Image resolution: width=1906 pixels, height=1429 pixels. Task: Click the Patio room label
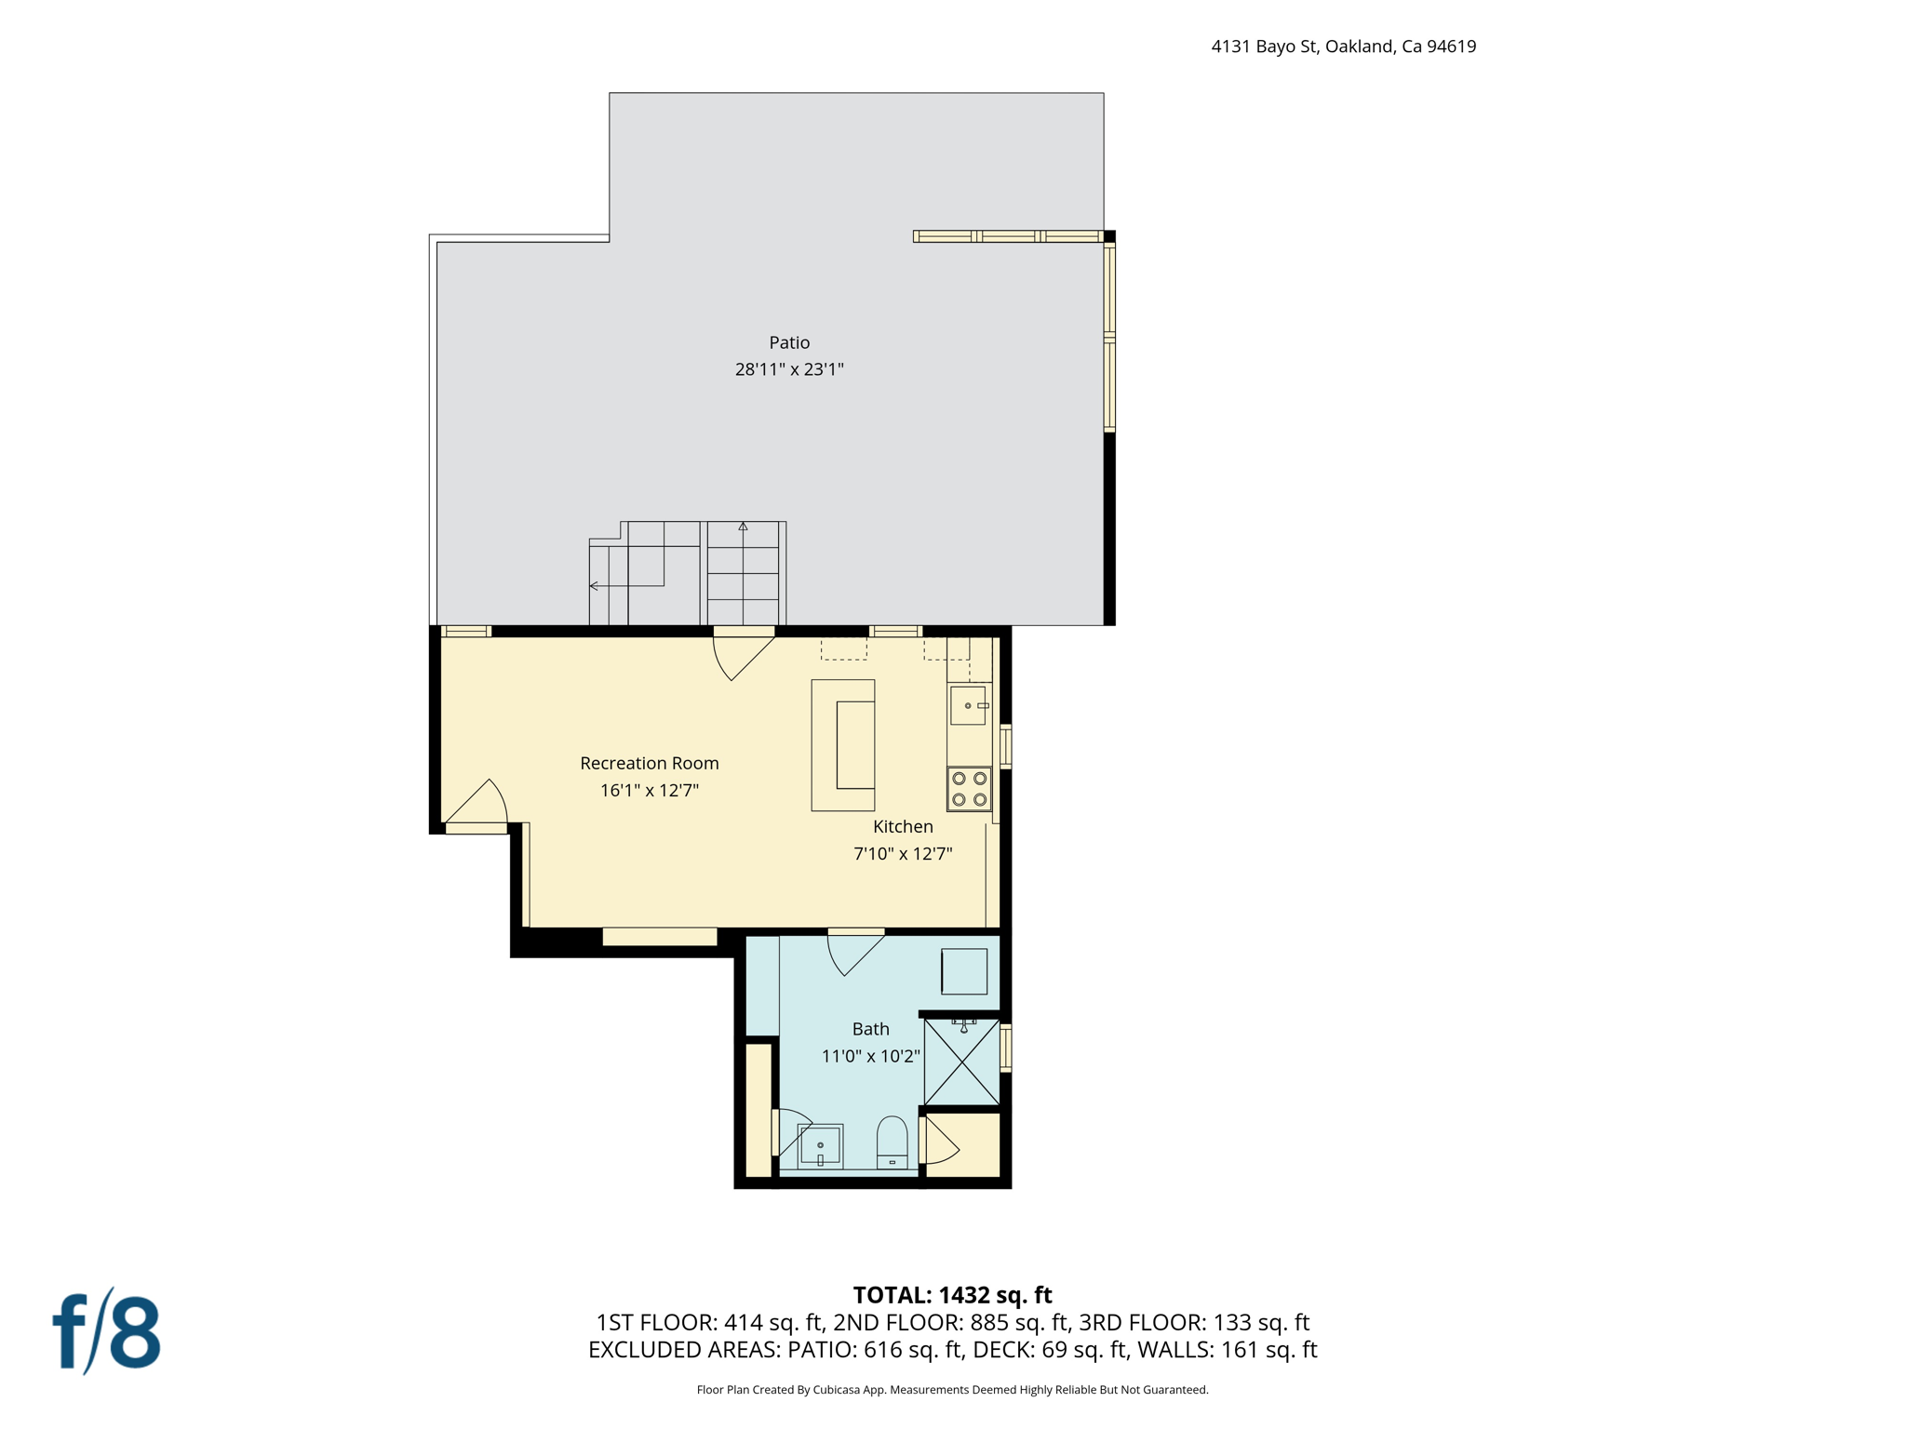pos(789,342)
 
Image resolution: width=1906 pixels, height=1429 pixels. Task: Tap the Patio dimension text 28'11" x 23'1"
pos(789,369)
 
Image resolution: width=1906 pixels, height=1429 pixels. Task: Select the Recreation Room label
pos(649,763)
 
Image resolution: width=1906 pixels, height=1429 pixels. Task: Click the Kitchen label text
pos(903,826)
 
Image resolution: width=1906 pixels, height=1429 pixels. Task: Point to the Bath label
pos(870,1029)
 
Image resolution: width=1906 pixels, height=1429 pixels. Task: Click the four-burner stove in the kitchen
pos(969,789)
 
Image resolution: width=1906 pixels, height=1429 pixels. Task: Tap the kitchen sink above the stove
pos(968,705)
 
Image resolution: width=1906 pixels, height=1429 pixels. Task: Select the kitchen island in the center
pos(843,745)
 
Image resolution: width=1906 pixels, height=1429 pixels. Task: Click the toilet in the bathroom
pos(892,1142)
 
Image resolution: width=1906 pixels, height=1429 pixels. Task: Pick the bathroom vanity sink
pos(820,1145)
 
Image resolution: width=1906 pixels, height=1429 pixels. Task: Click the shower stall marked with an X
pos(961,1062)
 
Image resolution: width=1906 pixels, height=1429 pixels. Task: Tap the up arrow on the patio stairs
pos(743,528)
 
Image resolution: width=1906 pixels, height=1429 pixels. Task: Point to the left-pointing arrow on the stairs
pos(595,586)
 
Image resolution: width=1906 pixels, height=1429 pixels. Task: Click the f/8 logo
pos(106,1331)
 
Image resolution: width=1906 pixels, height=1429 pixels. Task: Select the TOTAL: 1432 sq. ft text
pos(952,1295)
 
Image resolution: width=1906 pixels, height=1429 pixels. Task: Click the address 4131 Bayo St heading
pos(1343,47)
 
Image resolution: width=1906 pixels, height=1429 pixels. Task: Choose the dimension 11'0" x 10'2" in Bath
pos(870,1056)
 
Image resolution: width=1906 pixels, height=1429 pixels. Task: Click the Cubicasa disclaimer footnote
pos(952,1390)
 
